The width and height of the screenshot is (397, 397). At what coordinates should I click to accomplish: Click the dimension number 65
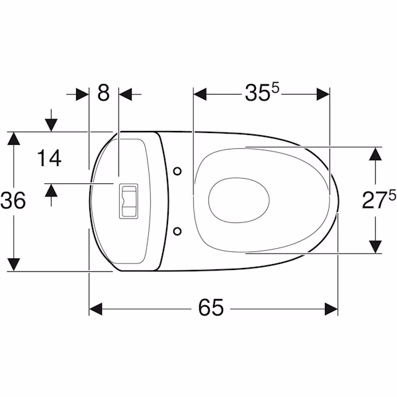point(211,307)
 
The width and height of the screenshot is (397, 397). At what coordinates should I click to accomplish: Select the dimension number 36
point(13,200)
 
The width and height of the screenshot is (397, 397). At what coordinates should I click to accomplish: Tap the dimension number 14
point(49,158)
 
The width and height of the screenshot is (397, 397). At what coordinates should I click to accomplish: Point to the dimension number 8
point(104,93)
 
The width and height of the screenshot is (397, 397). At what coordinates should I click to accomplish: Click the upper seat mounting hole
point(177,171)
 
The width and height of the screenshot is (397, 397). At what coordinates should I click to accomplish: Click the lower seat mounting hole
point(177,231)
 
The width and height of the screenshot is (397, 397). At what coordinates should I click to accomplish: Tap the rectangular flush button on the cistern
point(128,201)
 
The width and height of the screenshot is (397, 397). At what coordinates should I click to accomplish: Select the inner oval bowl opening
point(239,200)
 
